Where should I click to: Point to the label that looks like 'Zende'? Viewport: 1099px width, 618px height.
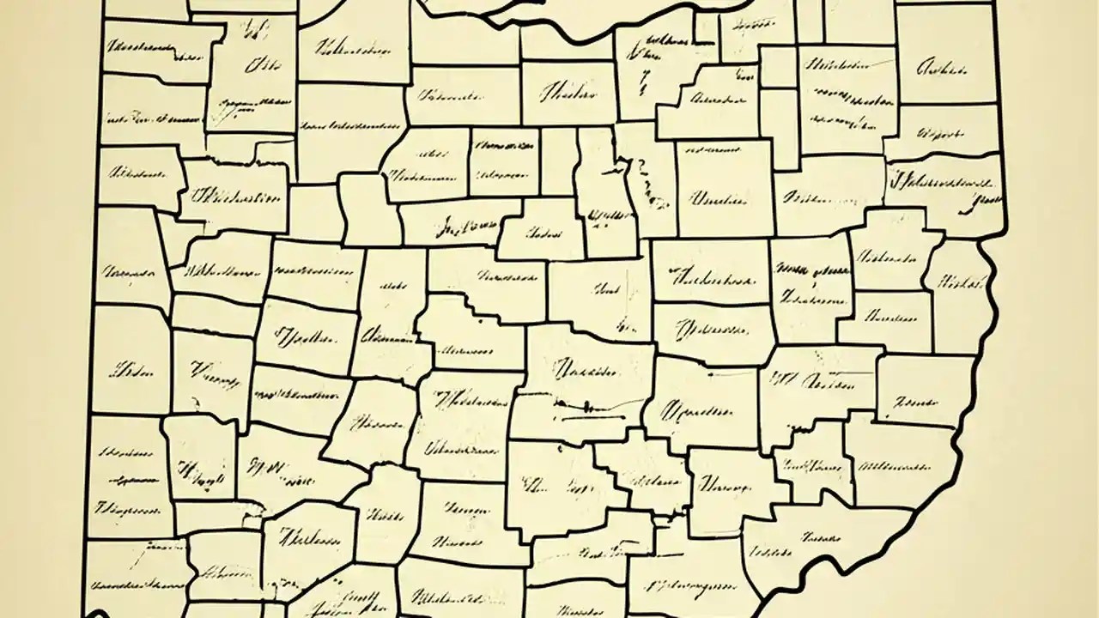[x=913, y=400]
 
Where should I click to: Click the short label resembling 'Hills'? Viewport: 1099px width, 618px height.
[x=385, y=516]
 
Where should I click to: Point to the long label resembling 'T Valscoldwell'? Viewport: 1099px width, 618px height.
[x=944, y=183]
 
